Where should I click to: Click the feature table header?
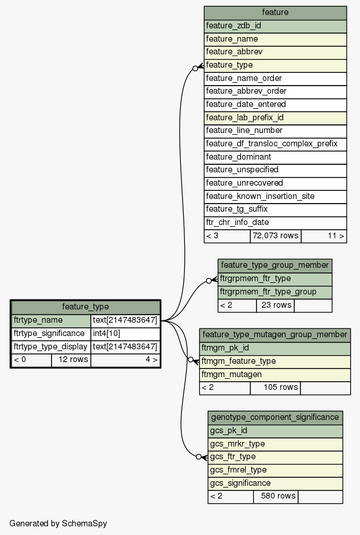click(275, 13)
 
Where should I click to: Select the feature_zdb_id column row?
click(275, 26)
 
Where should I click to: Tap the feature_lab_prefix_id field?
click(275, 117)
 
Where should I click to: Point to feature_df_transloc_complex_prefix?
click(275, 143)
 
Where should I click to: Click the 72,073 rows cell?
click(275, 235)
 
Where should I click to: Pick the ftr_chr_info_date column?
click(275, 222)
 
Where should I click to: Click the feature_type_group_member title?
click(274, 265)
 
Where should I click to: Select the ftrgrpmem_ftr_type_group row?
click(274, 292)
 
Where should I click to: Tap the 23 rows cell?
click(274, 305)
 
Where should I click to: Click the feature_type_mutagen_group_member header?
click(274, 335)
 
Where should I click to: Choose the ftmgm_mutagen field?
click(274, 374)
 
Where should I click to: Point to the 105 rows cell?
click(274, 387)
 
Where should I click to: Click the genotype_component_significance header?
click(275, 417)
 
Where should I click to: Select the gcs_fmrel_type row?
click(275, 470)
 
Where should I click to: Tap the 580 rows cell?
click(275, 496)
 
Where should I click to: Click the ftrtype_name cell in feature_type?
click(51, 320)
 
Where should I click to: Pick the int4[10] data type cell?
click(125, 334)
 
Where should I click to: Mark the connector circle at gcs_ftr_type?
click(199, 457)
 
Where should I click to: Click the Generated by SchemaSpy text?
click(58, 523)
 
